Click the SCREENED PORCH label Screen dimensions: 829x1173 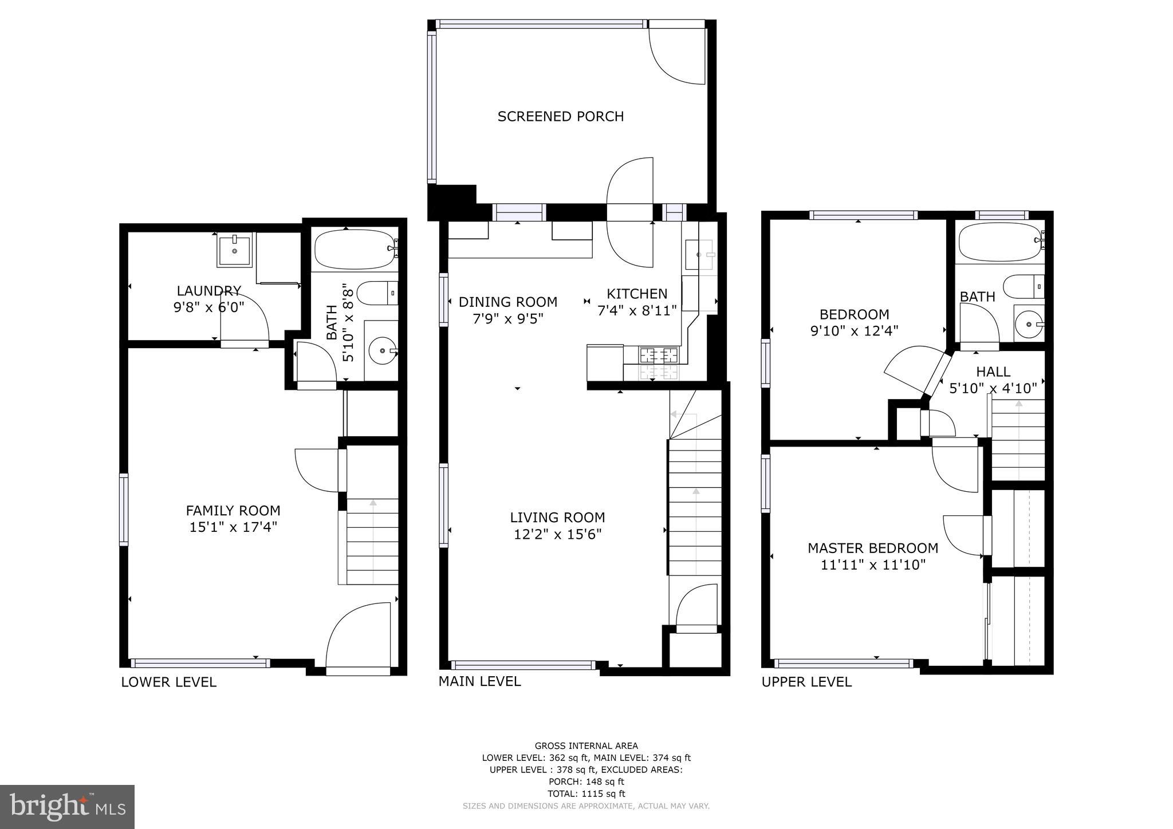coord(560,116)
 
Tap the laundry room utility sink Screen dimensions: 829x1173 coord(234,250)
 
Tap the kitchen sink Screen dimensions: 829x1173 coord(698,254)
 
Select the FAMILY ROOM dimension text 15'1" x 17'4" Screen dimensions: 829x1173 coord(233,527)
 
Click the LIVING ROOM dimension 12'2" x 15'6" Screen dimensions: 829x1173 coord(557,534)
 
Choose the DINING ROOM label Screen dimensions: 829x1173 coord(507,302)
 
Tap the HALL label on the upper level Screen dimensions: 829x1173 coord(993,372)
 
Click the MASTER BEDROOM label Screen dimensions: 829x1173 coord(873,548)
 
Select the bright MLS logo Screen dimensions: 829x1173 coord(67,807)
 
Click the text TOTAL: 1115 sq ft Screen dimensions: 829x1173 coord(586,794)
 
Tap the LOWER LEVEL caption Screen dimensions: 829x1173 coord(168,682)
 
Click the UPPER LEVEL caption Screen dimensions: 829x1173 coord(806,682)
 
